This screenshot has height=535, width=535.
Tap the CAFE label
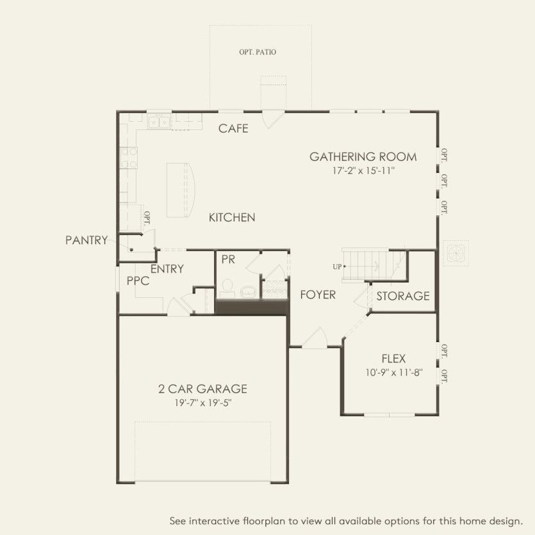(233, 129)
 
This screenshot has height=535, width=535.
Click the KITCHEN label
(232, 218)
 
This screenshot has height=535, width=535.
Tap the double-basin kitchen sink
(158, 121)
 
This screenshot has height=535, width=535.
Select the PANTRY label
(86, 240)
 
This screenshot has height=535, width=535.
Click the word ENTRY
(167, 269)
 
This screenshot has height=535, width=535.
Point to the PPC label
(138, 281)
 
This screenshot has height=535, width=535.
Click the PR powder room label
(228, 259)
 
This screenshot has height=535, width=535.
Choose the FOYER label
(318, 295)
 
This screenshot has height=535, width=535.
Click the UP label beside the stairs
(336, 266)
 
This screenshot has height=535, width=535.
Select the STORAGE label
(402, 296)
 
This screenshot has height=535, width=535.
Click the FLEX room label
(393, 359)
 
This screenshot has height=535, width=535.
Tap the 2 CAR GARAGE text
(202, 389)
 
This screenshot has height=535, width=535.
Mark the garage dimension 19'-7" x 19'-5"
(202, 403)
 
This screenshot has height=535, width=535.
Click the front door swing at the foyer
(315, 339)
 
